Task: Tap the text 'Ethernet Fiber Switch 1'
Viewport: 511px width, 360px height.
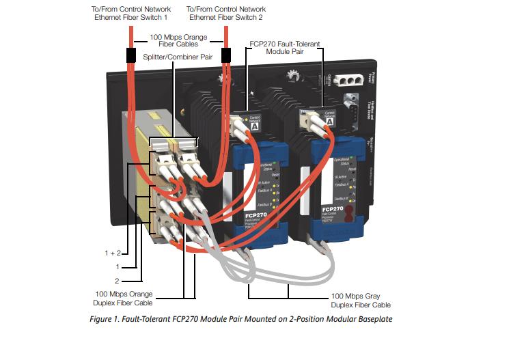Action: tap(126, 16)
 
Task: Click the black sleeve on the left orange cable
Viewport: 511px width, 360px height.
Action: tap(130, 55)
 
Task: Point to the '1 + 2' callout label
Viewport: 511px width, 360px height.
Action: tap(113, 253)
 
